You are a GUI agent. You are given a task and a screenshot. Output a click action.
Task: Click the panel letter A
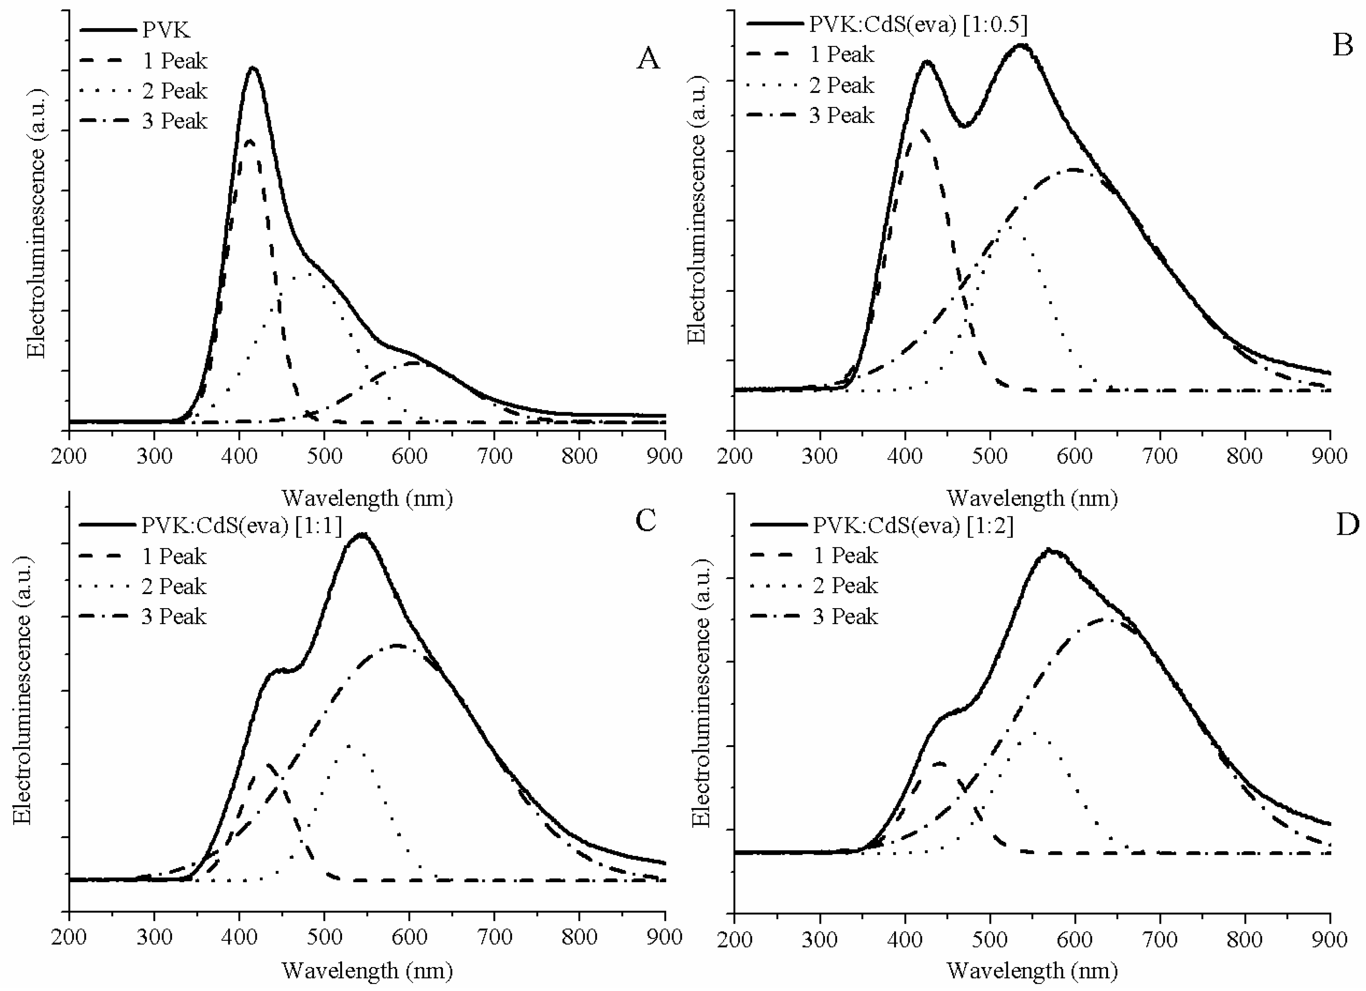pos(648,59)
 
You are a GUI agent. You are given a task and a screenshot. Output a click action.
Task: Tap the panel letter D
pos(1347,525)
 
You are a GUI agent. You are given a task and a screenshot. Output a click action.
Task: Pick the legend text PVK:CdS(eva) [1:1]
pos(241,526)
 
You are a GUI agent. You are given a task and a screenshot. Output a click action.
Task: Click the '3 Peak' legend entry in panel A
pos(175,121)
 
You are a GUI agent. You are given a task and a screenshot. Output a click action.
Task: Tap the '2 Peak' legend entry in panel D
pos(845,586)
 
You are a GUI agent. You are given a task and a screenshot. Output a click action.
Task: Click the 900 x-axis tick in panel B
pos(1329,456)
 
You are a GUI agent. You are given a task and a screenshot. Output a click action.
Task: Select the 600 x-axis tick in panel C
pos(409,937)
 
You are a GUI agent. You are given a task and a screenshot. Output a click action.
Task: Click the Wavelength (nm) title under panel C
pos(367,970)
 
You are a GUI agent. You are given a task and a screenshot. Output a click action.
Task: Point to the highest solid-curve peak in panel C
pos(361,534)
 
